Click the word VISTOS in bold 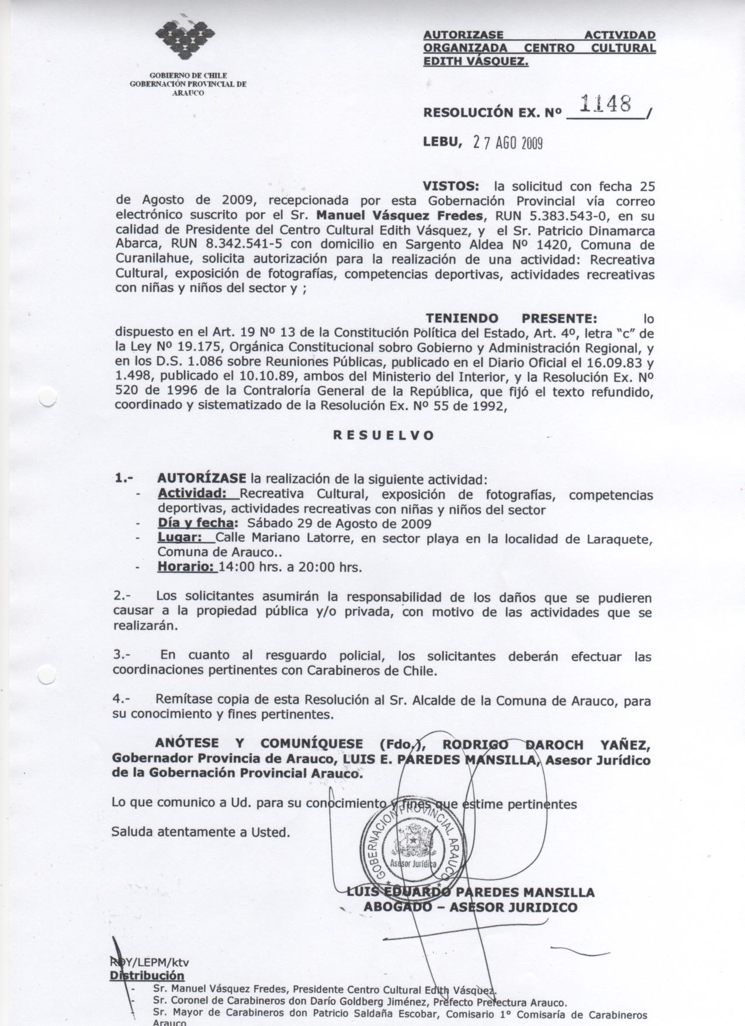pyautogui.click(x=451, y=186)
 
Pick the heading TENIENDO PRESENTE pyautogui.click(x=511, y=319)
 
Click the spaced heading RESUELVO pyautogui.click(x=383, y=436)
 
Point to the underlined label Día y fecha pyautogui.click(x=197, y=523)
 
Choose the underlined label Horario pyautogui.click(x=186, y=566)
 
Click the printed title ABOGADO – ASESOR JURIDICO pyautogui.click(x=470, y=907)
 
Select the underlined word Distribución pyautogui.click(x=147, y=976)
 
